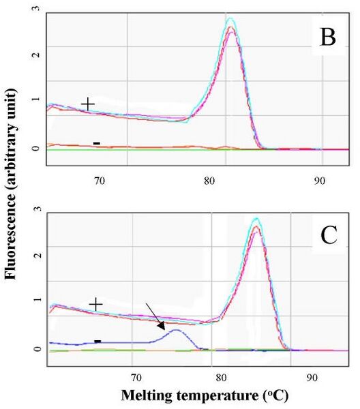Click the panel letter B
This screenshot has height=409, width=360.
(x=328, y=37)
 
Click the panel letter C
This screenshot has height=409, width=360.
(x=329, y=236)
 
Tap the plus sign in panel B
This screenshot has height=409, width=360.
(x=88, y=104)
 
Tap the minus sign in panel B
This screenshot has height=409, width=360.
(x=97, y=143)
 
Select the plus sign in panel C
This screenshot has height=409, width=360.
(x=95, y=304)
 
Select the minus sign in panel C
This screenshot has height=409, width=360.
(x=97, y=342)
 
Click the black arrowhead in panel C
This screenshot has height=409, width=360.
(x=162, y=326)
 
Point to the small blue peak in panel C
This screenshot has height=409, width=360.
(x=176, y=330)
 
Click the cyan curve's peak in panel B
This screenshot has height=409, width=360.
(x=230, y=18)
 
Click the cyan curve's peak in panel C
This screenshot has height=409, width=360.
(x=256, y=218)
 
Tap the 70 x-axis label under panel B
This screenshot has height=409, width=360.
(x=100, y=181)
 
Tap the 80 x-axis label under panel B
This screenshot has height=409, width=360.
(x=209, y=181)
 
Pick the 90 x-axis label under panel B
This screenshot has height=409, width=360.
(x=319, y=181)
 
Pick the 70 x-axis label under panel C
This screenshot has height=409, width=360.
(x=136, y=378)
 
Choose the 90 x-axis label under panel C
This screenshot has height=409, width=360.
(x=312, y=378)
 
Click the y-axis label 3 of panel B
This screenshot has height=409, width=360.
(x=36, y=8)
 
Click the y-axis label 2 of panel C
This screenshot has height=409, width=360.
(x=37, y=254)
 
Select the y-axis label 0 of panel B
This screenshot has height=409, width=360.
(x=36, y=148)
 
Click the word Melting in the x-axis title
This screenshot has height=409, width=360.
(x=147, y=395)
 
